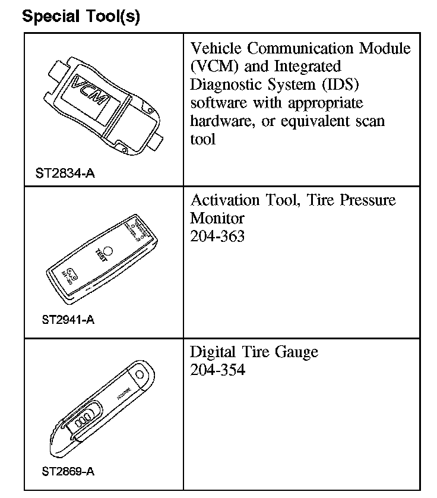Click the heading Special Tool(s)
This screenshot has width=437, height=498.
point(81,16)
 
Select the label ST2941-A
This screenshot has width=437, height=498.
point(68,320)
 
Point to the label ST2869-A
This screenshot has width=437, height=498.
point(68,472)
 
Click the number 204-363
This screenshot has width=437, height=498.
point(217,236)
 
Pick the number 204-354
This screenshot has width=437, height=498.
point(217,370)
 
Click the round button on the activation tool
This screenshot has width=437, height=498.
point(109,250)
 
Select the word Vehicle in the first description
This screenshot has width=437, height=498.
point(216,48)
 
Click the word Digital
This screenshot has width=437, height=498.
point(213,352)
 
